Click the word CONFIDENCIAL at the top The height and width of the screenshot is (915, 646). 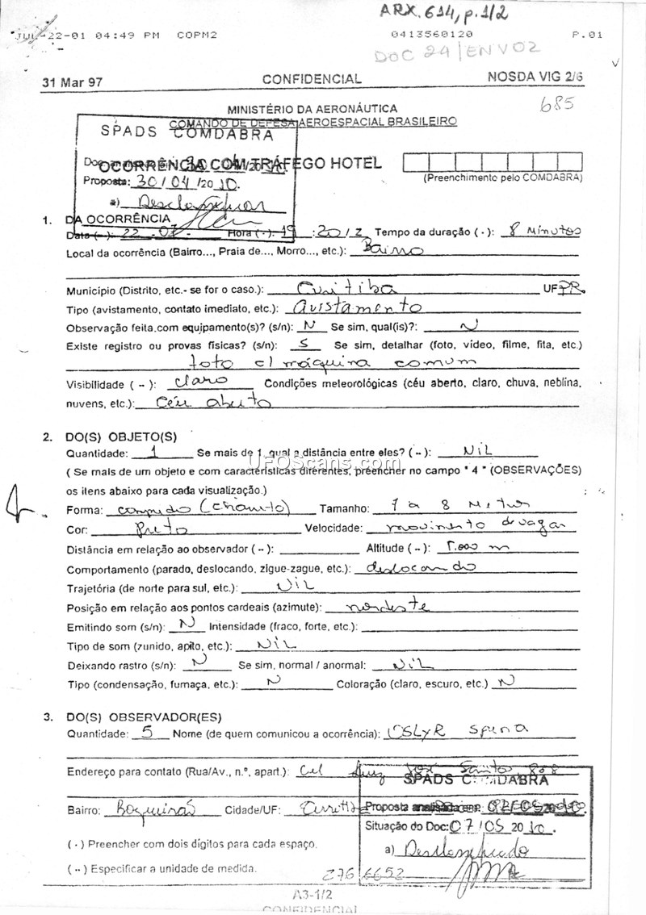pos(312,79)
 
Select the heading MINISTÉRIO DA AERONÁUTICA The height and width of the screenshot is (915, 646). pos(312,108)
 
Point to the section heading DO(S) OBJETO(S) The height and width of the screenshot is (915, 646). pos(120,437)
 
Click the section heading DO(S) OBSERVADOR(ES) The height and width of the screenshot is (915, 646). pos(143,717)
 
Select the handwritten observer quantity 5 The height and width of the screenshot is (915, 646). pos(146,733)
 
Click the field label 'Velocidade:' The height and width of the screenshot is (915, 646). pos(332,529)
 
